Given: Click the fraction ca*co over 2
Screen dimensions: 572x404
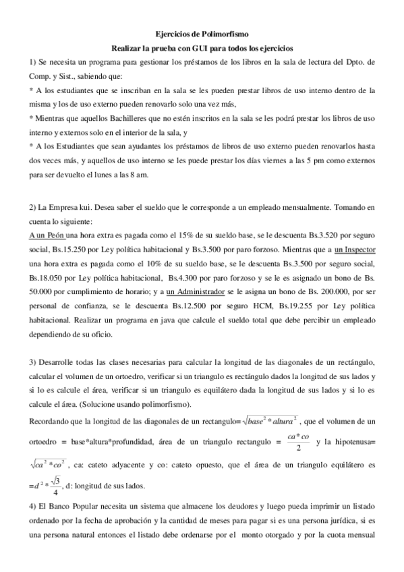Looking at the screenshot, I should (297, 425).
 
